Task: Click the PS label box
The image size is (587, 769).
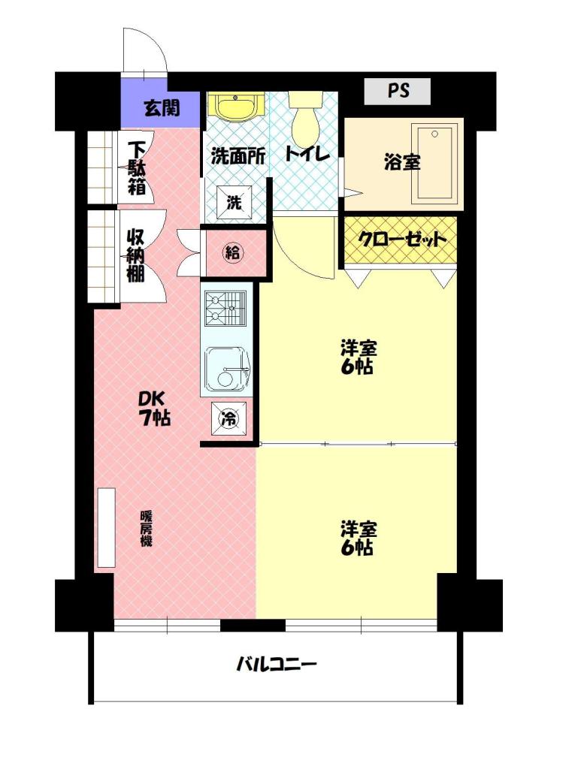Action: (x=397, y=91)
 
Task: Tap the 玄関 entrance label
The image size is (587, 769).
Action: (x=162, y=108)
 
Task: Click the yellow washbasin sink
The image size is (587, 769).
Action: (x=236, y=107)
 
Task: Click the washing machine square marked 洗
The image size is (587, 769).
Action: (x=234, y=201)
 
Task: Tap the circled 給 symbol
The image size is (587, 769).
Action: (x=233, y=252)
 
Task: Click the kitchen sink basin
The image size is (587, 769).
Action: (x=227, y=370)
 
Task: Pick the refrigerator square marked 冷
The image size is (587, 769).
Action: (x=228, y=418)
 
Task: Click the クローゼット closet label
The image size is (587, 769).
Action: (x=401, y=240)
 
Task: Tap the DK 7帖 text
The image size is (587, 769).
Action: (x=153, y=408)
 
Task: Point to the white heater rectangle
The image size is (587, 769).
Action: (x=106, y=528)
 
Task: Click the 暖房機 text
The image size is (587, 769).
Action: (x=146, y=529)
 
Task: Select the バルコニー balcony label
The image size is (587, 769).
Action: (x=277, y=665)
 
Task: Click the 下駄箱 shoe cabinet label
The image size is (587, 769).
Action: (x=137, y=168)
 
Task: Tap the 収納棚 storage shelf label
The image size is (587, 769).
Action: (x=136, y=255)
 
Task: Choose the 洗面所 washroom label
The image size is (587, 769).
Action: (x=238, y=156)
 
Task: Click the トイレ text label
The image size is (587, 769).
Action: (x=307, y=154)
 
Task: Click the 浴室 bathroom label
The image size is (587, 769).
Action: (x=402, y=162)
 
